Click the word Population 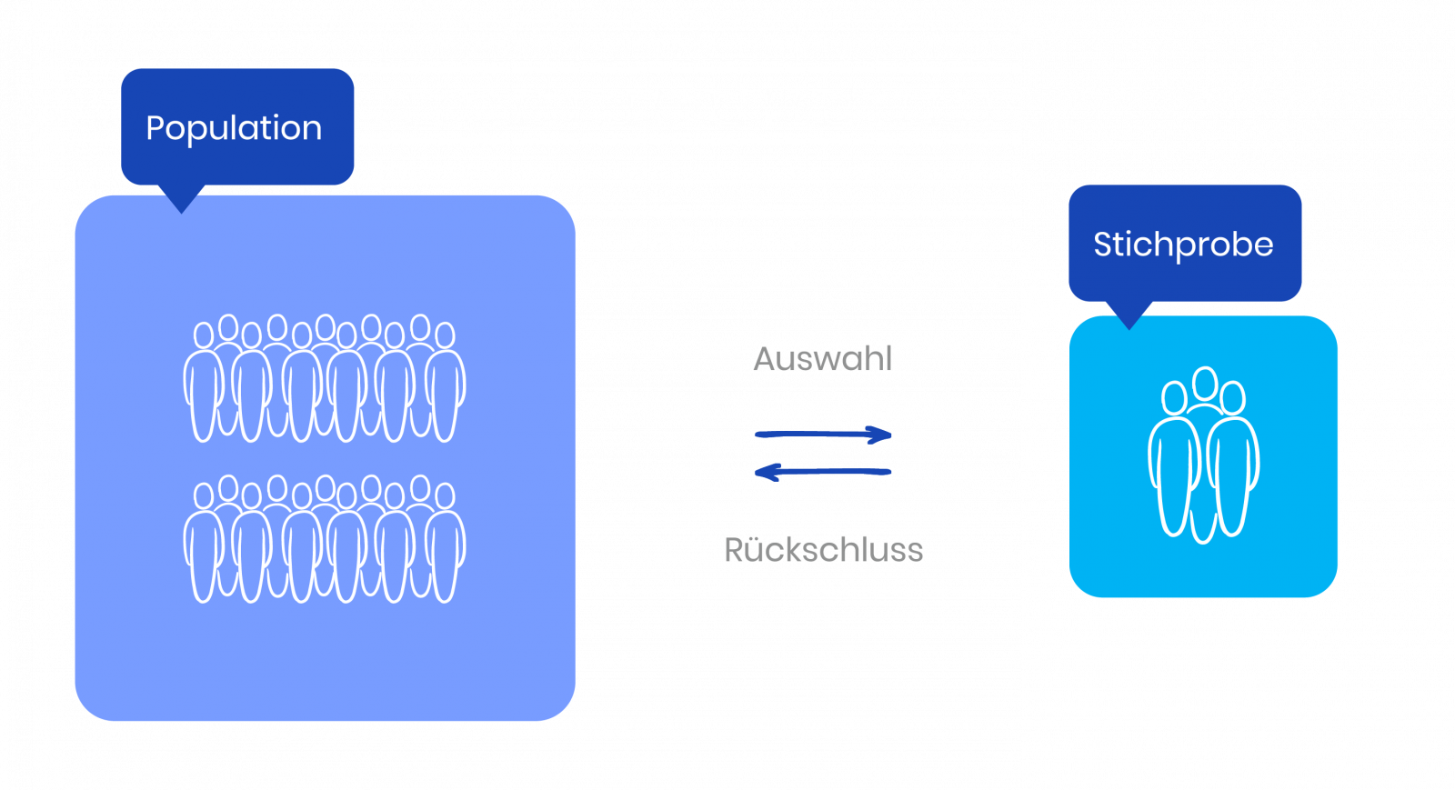pos(234,128)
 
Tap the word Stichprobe pos(1183,245)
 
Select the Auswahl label pos(822,359)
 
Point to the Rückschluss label pos(824,550)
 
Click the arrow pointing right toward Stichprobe pos(823,435)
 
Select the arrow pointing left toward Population pos(822,472)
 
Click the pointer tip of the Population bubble pos(182,213)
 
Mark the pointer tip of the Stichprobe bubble pos(1129,329)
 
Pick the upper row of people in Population pos(324,378)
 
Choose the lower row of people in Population pos(324,539)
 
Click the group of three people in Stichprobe pos(1204,455)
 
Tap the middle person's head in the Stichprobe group pos(1205,383)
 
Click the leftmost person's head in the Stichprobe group pos(1174,398)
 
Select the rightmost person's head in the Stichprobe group pos(1232,398)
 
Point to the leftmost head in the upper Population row pos(204,335)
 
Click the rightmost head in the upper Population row pos(445,335)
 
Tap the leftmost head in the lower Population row pos(204,496)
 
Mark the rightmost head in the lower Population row pos(445,496)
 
